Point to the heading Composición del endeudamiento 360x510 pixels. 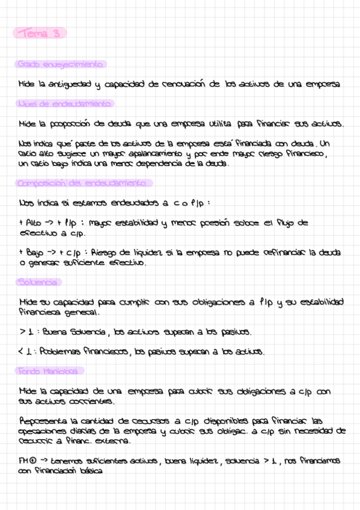pyautogui.click(x=84, y=182)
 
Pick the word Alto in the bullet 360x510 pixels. pyautogui.click(x=34, y=223)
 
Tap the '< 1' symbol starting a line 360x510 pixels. pyautogui.click(x=24, y=351)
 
